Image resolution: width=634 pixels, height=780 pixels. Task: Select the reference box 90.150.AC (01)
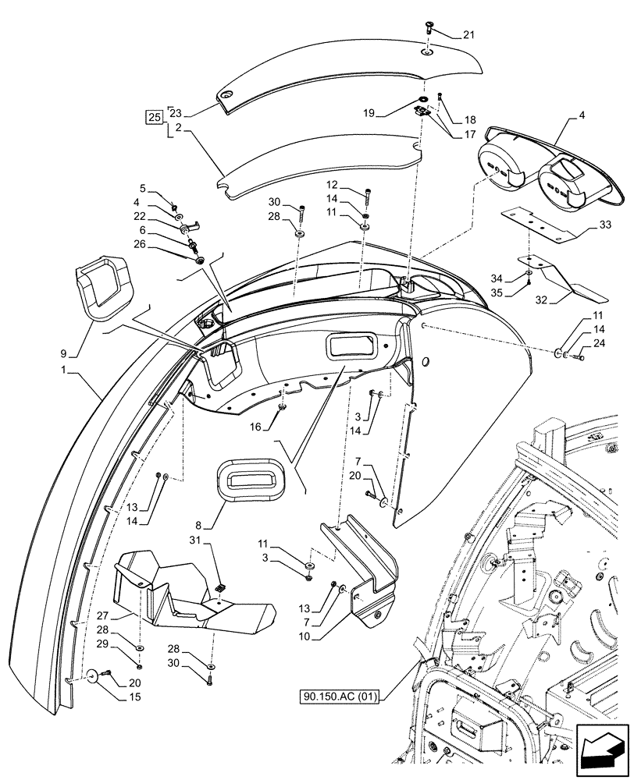pyautogui.click(x=339, y=697)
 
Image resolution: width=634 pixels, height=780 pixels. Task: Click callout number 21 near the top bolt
pyautogui.click(x=468, y=34)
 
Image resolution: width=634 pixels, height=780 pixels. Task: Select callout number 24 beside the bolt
pyautogui.click(x=598, y=342)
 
